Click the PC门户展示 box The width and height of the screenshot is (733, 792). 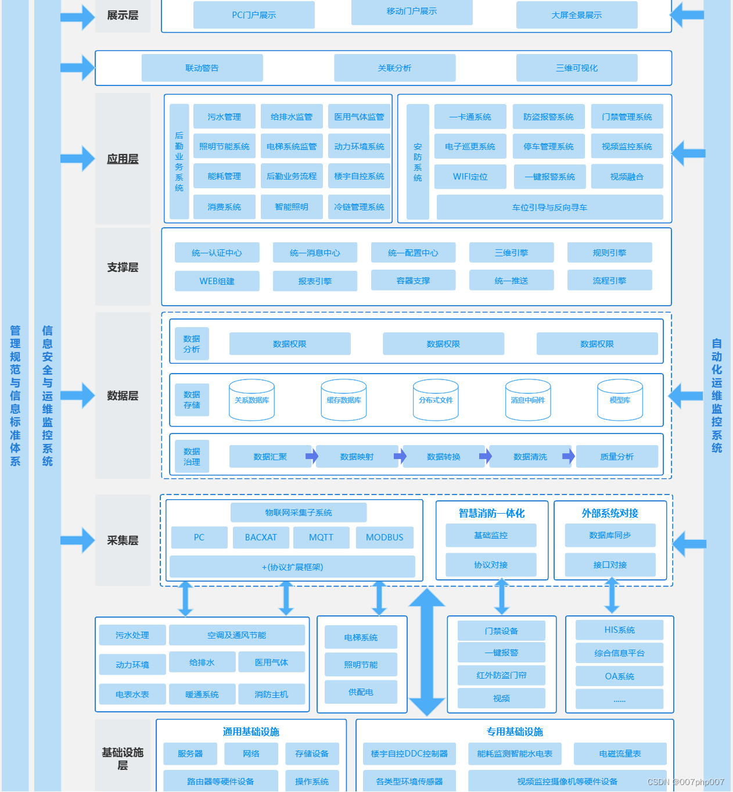coord(254,15)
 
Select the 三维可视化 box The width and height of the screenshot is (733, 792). coord(576,68)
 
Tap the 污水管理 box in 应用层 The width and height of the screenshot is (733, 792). coord(224,117)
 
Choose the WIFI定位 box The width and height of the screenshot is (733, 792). coord(470,177)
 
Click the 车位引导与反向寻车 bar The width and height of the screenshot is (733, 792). coord(549,207)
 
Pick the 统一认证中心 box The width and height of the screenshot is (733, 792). coord(217,253)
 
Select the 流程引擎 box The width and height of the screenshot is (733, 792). coord(609,281)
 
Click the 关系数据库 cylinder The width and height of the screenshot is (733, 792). coord(251,400)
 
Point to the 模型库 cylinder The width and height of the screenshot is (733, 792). coord(620,400)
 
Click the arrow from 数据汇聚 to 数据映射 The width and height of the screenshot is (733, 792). coord(312,456)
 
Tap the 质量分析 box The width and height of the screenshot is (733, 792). coord(617,457)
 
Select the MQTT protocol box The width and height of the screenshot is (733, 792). coord(321,537)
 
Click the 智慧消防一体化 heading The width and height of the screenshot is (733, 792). coord(491,513)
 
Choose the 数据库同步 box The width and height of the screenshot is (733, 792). coord(610,535)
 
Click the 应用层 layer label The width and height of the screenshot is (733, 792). coord(123,159)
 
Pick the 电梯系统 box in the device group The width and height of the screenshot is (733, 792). coord(361,637)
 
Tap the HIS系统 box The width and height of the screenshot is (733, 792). coord(619,630)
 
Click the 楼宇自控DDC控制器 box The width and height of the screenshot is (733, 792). coord(409,754)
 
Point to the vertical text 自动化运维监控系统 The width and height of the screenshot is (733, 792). coord(717,395)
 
